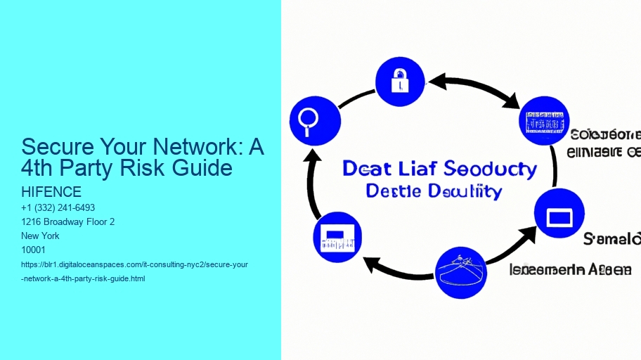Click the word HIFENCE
pos(52,192)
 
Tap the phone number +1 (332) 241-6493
pos(58,208)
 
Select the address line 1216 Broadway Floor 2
pos(69,221)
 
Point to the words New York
pos(41,236)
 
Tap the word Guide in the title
pos(206,168)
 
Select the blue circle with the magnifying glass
pos(315,120)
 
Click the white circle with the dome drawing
pos(461,273)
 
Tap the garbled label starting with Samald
pos(611,239)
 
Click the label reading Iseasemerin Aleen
pos(570,269)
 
